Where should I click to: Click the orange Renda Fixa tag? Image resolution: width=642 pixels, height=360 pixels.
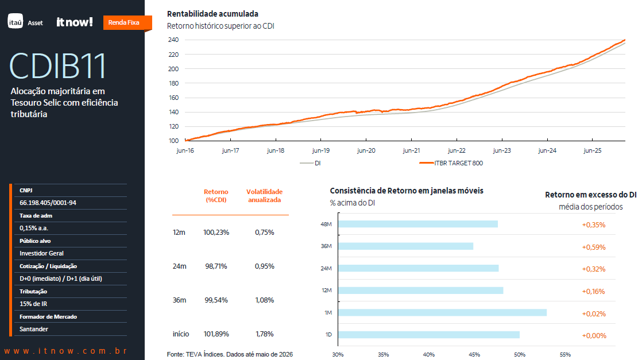(127, 22)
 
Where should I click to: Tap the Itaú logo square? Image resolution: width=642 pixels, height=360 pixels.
(16, 21)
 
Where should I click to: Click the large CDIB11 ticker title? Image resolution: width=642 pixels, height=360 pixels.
(57, 65)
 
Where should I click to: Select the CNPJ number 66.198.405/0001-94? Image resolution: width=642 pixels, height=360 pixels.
(48, 203)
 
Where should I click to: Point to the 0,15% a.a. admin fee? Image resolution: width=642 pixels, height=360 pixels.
(33, 228)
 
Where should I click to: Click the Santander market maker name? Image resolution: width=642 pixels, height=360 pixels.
(33, 330)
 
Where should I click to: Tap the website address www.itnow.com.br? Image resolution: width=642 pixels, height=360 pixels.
(65, 351)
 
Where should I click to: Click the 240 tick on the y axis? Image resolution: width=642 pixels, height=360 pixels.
(173, 40)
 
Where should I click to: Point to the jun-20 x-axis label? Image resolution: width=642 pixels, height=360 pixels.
(366, 150)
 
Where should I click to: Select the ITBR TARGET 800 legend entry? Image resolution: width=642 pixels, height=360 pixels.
(451, 163)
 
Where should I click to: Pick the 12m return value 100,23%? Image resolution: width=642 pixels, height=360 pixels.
(216, 232)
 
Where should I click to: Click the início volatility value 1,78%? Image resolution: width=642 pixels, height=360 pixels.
(265, 334)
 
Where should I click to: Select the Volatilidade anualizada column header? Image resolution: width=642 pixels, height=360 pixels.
(265, 196)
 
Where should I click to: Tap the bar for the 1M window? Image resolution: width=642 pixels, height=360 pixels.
(443, 312)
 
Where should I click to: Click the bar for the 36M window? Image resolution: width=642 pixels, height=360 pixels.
(406, 246)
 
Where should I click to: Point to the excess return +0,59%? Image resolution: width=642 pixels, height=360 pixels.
(594, 247)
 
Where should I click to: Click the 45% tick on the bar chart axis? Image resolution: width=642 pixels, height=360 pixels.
(474, 355)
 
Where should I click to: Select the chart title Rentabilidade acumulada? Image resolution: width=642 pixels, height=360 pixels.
(212, 14)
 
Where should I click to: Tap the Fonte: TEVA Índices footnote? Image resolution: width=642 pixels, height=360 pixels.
(230, 354)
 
